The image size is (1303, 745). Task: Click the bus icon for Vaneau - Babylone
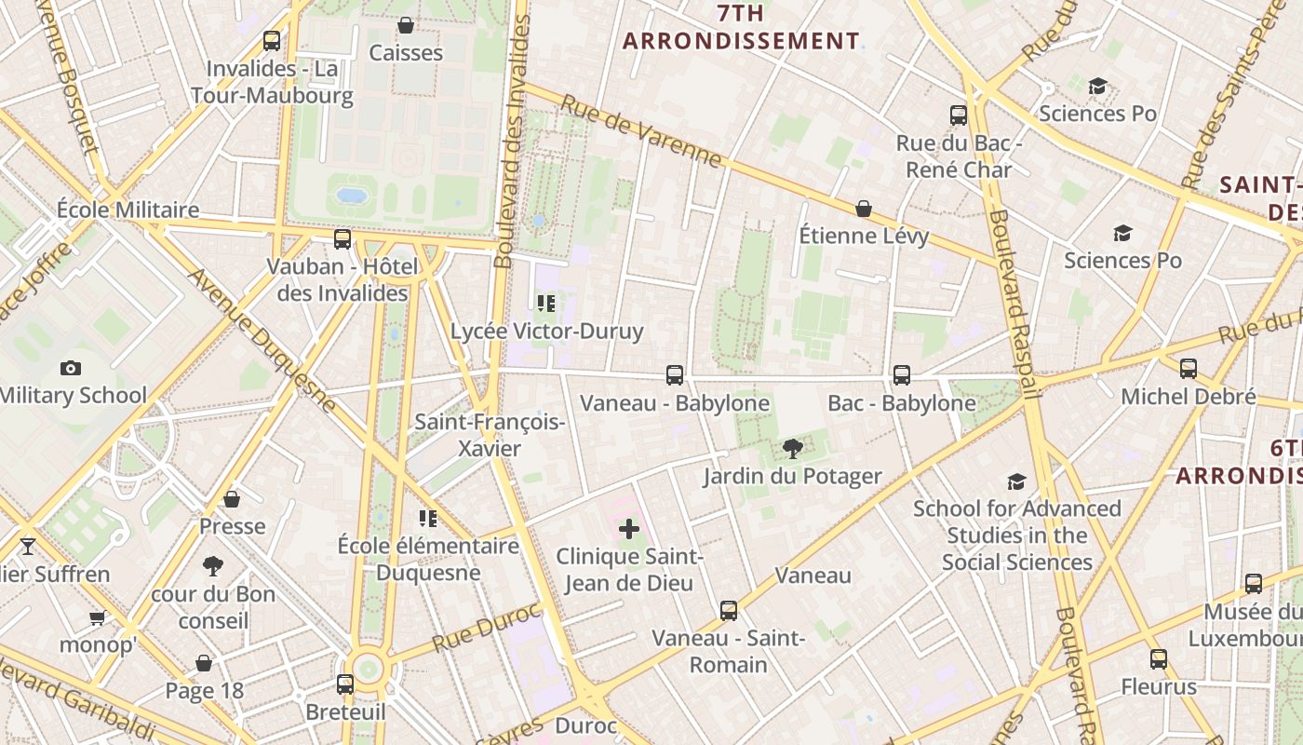pyautogui.click(x=675, y=375)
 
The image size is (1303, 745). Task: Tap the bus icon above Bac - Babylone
pyautogui.click(x=901, y=375)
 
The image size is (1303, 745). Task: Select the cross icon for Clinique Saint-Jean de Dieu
pyautogui.click(x=629, y=529)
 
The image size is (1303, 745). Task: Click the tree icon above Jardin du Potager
pyautogui.click(x=792, y=449)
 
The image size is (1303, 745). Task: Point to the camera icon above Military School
pyautogui.click(x=70, y=369)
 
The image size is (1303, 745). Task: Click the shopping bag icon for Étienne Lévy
pyautogui.click(x=864, y=209)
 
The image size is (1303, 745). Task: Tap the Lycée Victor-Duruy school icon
pyautogui.click(x=546, y=303)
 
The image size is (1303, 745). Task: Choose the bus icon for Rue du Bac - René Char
pyautogui.click(x=959, y=115)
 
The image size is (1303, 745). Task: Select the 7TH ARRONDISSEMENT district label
pyautogui.click(x=741, y=27)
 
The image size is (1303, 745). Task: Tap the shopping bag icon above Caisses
pyautogui.click(x=406, y=25)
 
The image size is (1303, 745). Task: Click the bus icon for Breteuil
pyautogui.click(x=345, y=684)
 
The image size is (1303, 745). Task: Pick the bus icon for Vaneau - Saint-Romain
pyautogui.click(x=729, y=611)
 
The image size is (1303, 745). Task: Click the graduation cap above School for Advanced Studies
pyautogui.click(x=1016, y=481)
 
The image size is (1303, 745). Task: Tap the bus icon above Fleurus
pyautogui.click(x=1159, y=659)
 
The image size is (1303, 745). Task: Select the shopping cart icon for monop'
pyautogui.click(x=97, y=617)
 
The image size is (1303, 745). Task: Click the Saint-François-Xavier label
pyautogui.click(x=490, y=435)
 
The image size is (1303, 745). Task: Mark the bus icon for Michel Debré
pyautogui.click(x=1189, y=369)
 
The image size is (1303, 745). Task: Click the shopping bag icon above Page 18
pyautogui.click(x=204, y=663)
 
